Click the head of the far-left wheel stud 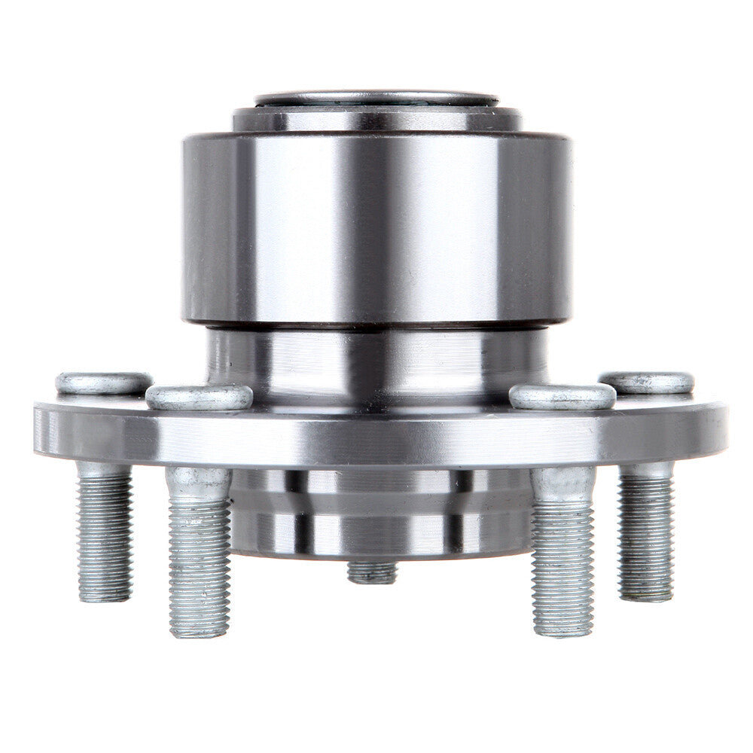pyautogui.click(x=104, y=383)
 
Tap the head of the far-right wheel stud pyautogui.click(x=646, y=383)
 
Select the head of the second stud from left pyautogui.click(x=199, y=397)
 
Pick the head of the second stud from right pyautogui.click(x=562, y=396)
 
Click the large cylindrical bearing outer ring pyautogui.click(x=376, y=226)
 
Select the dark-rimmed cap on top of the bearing pyautogui.click(x=376, y=99)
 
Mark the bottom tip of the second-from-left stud pyautogui.click(x=199, y=631)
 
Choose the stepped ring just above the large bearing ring pyautogui.click(x=376, y=119)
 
